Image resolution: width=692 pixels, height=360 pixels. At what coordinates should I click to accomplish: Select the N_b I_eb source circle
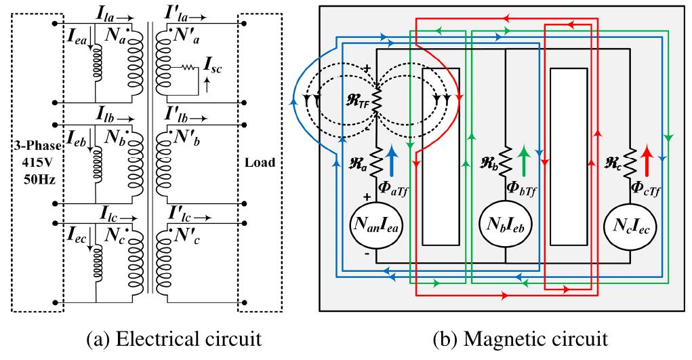[504, 226]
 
